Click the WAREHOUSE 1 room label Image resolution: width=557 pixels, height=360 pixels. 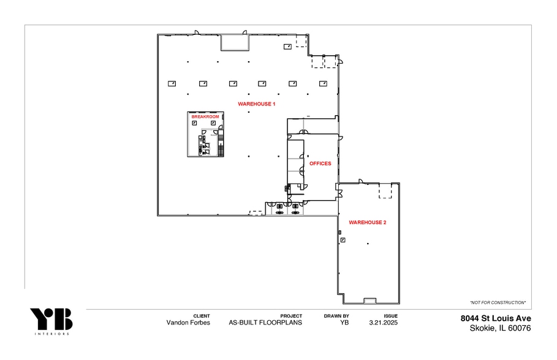click(x=256, y=104)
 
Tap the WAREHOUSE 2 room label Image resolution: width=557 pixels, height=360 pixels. click(x=367, y=222)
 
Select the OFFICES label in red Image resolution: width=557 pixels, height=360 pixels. click(x=320, y=163)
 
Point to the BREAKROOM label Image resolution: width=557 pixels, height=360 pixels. click(x=205, y=116)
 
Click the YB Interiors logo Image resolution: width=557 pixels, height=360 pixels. click(x=51, y=321)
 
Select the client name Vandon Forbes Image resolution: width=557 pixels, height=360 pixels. click(x=188, y=323)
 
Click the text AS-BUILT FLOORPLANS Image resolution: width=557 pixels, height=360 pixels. click(x=265, y=323)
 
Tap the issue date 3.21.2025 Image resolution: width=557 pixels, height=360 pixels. click(x=383, y=323)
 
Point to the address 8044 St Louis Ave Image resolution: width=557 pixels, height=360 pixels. click(x=496, y=318)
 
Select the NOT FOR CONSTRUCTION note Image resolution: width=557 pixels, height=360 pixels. click(x=498, y=303)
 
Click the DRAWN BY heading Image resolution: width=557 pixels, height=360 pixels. click(x=336, y=316)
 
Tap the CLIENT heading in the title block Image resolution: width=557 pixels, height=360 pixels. click(x=202, y=316)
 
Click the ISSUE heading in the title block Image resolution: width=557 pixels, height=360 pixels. click(x=390, y=316)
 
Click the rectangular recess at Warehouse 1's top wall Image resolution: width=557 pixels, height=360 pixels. click(x=235, y=42)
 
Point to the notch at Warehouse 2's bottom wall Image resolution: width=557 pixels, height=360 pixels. click(x=369, y=300)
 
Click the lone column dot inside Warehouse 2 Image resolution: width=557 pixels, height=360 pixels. click(x=367, y=244)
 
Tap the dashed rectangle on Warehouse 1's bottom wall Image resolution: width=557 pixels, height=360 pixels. click(x=256, y=212)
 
